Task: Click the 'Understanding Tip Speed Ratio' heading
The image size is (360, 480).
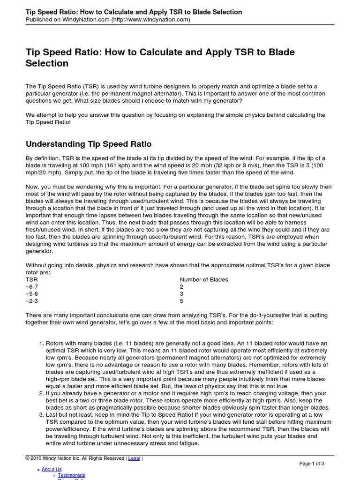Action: tap(89, 144)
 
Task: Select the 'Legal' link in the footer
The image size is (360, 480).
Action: tap(134, 458)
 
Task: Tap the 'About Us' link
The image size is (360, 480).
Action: tap(52, 469)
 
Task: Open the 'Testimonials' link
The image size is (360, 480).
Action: tap(71, 475)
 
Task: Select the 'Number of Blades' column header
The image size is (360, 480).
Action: tap(204, 279)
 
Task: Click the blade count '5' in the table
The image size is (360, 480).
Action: tap(182, 301)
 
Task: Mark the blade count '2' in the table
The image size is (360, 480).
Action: tap(182, 286)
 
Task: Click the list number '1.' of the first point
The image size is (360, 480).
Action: tap(41, 344)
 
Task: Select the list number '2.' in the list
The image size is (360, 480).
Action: tap(41, 393)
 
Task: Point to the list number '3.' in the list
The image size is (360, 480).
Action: tap(41, 415)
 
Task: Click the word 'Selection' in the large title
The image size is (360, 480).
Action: tap(47, 63)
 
